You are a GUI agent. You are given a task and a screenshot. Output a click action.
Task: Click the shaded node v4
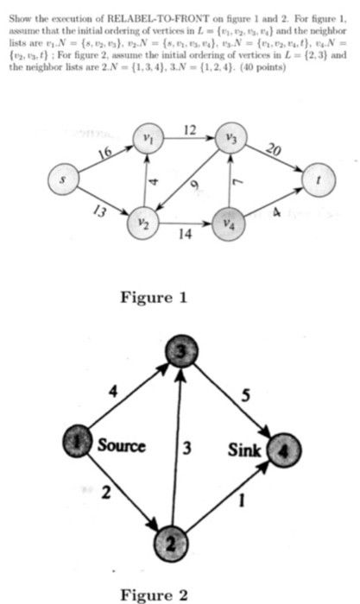coord(228,222)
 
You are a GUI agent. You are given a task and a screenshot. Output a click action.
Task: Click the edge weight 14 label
coord(184,234)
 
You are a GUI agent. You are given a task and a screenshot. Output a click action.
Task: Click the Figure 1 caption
coord(154,298)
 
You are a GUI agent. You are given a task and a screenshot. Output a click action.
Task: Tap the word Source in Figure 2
coord(121,445)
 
